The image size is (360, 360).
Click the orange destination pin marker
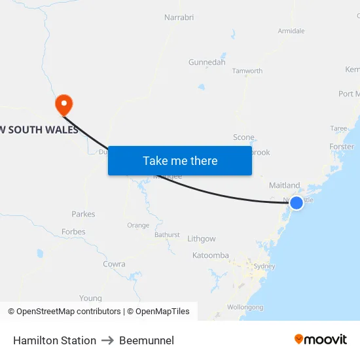(64, 103)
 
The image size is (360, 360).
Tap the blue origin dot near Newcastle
(297, 203)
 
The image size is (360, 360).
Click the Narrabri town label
(179, 18)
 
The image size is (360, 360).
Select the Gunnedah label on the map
(207, 62)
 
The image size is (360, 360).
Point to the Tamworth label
(247, 71)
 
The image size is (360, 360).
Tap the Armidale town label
(291, 31)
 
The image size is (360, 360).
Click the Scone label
(243, 137)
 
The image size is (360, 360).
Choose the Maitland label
(284, 185)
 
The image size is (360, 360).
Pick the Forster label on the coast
(342, 147)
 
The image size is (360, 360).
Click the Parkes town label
(83, 214)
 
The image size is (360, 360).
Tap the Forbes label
(73, 232)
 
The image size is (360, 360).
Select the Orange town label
(138, 225)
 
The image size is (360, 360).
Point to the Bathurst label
(167, 234)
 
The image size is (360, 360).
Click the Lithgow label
(201, 239)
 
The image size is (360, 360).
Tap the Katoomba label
(210, 255)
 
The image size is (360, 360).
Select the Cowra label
(114, 264)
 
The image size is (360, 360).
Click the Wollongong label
(245, 306)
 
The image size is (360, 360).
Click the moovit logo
(320, 339)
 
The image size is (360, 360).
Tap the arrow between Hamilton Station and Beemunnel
(107, 340)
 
